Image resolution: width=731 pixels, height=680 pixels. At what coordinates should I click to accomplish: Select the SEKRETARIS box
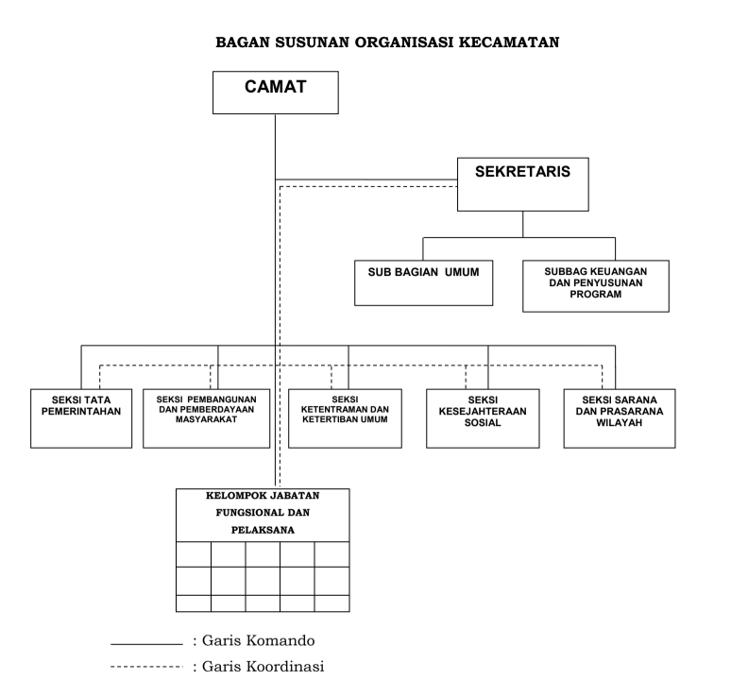[523, 183]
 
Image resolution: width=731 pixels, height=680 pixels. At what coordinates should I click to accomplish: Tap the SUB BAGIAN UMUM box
[424, 282]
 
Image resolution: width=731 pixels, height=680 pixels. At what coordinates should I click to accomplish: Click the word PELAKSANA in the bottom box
[263, 530]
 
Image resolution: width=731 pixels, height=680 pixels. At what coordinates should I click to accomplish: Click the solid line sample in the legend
[145, 644]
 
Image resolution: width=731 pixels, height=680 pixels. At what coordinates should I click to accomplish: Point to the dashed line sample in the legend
[145, 667]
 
